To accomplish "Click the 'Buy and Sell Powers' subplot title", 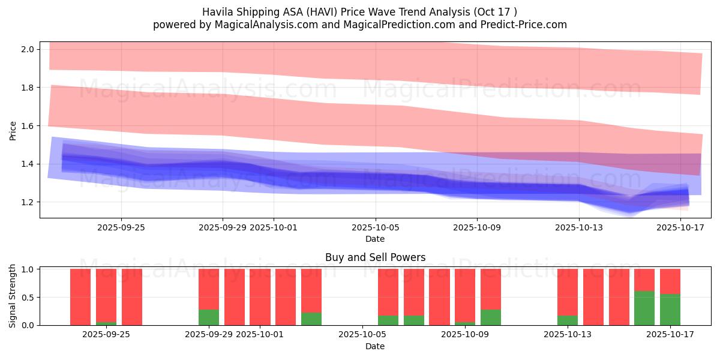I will point(375,257).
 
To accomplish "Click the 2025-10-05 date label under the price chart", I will point(375,227).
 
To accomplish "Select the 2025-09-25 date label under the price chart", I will point(121,227).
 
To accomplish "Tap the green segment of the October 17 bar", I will point(670,310).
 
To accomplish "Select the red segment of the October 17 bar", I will point(670,281).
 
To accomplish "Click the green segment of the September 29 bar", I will point(209,317).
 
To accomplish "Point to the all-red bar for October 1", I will point(260,297).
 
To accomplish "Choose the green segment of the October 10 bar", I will point(491,317).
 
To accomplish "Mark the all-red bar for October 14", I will point(619,297).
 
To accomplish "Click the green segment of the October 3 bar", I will point(311,319).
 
